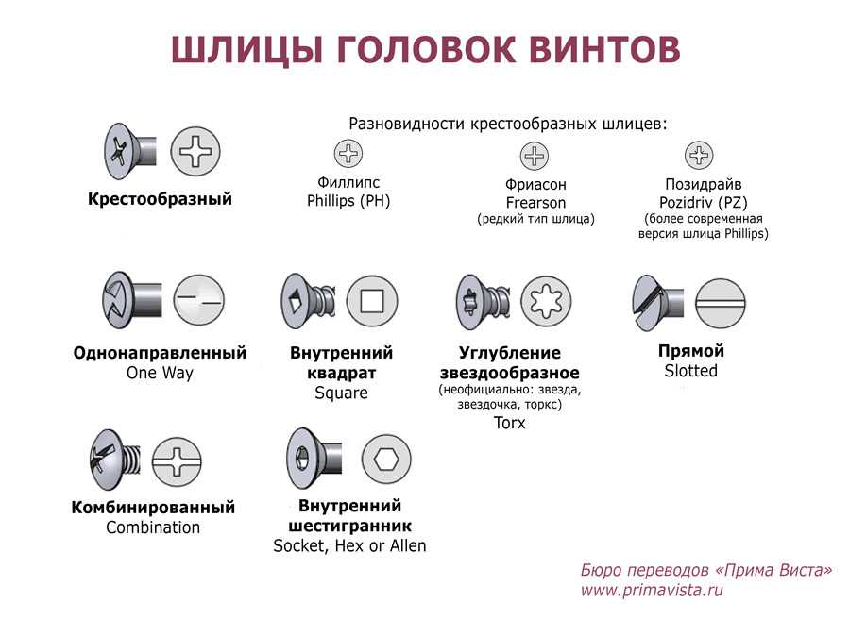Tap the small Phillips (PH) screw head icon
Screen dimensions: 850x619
click(348, 153)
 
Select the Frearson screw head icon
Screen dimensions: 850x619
click(535, 156)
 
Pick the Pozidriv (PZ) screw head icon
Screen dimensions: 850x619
click(699, 156)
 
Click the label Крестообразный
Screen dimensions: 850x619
click(160, 199)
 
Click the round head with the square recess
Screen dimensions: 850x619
click(372, 301)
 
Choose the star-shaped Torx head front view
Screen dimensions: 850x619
click(546, 302)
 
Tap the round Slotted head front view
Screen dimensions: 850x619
click(721, 303)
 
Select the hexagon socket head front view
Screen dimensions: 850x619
click(386, 460)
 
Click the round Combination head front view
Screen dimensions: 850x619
click(177, 462)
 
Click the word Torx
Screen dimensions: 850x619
click(510, 423)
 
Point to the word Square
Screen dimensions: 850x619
click(342, 393)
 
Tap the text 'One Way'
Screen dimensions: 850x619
click(160, 373)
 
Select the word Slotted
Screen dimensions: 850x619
click(691, 371)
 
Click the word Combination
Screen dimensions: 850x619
click(153, 527)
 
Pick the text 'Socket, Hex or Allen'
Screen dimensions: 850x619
click(349, 546)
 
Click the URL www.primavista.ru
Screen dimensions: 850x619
click(652, 590)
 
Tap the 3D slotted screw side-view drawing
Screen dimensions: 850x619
click(657, 303)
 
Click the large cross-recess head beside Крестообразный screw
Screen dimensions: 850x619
click(195, 152)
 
